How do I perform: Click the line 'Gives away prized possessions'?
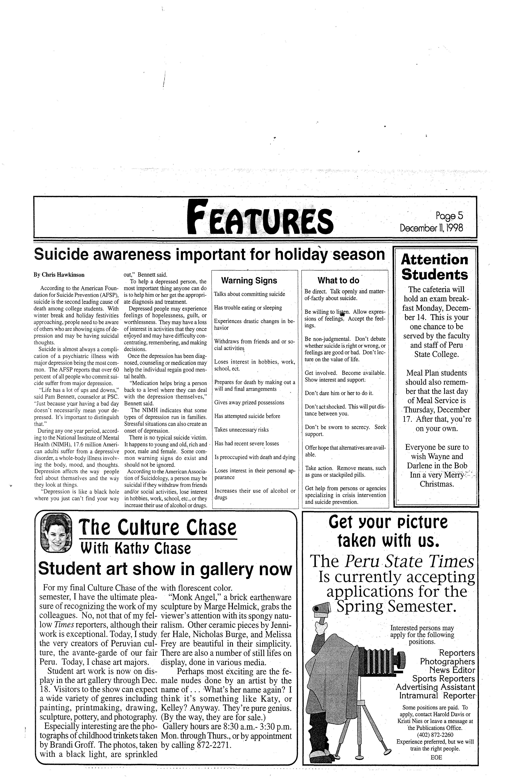[249, 402]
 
